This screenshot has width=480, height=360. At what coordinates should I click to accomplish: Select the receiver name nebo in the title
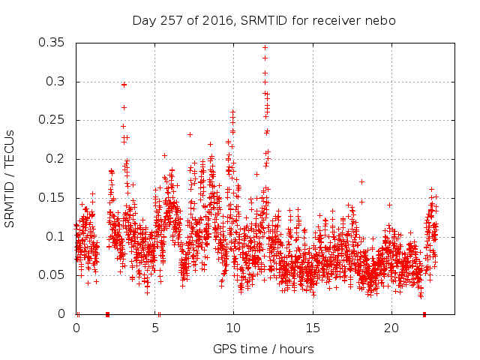point(381,20)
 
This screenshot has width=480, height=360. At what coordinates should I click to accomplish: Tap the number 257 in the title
point(169,20)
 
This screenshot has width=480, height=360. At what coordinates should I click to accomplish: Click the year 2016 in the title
point(214,20)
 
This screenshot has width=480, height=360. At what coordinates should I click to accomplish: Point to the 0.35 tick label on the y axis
point(52,43)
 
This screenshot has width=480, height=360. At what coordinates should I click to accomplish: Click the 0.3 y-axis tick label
point(56,82)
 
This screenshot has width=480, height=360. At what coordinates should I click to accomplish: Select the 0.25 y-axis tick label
point(52,120)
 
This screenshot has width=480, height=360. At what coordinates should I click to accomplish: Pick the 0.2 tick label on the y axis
point(56,159)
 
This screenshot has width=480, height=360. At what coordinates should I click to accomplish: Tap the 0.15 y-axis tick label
point(52,198)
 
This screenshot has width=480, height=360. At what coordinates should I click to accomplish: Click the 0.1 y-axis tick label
point(56,236)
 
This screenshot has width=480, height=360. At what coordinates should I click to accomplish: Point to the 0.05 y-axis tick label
point(52,275)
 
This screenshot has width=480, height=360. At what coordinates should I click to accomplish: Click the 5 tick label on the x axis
point(155,328)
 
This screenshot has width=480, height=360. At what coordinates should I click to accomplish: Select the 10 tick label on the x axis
point(233,328)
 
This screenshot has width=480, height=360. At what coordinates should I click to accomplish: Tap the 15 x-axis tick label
point(312,328)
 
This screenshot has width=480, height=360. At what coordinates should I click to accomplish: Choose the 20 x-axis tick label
point(390,328)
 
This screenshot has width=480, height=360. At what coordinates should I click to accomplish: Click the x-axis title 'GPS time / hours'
point(263,349)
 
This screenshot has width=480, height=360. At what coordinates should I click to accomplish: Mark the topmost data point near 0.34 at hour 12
point(265,48)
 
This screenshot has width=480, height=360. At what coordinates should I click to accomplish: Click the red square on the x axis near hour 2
point(108,314)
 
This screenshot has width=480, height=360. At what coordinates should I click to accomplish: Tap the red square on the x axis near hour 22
point(424,314)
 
